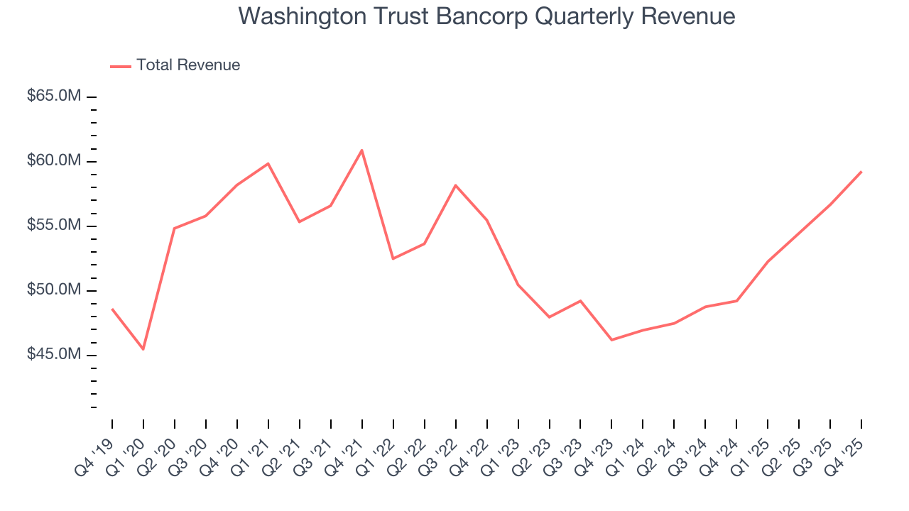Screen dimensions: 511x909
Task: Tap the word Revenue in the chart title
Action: point(690,16)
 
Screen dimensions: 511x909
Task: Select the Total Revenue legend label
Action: point(188,65)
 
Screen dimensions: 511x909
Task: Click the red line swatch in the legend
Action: point(121,66)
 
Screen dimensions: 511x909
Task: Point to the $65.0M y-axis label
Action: point(53,97)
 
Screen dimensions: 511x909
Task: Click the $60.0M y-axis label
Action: point(53,161)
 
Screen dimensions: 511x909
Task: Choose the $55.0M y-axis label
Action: point(53,226)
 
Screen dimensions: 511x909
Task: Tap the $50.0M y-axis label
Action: point(53,290)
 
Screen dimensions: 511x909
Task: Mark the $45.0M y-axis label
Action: point(53,355)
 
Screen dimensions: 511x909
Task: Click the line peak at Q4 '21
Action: point(361,150)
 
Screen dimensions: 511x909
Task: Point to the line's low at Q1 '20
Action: point(143,349)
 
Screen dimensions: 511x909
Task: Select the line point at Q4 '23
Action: point(611,340)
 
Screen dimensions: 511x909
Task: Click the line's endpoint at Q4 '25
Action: point(861,171)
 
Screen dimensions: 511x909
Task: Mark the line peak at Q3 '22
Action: point(455,185)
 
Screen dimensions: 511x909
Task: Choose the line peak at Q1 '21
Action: point(268,163)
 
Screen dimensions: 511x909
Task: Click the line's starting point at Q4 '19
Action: point(112,309)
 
